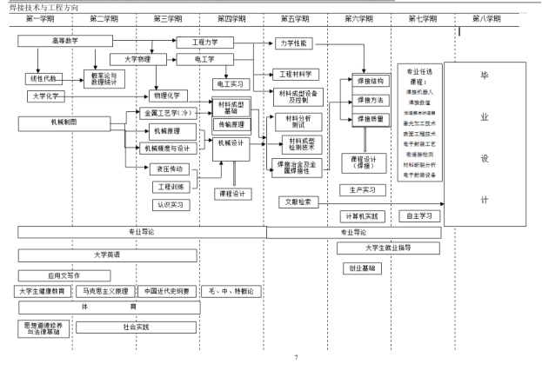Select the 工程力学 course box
pyautogui.click(x=201, y=41)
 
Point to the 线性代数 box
pyautogui.click(x=42, y=79)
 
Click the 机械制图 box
pyautogui.click(x=64, y=122)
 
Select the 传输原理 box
pyautogui.click(x=232, y=124)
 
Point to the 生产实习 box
pyautogui.click(x=361, y=189)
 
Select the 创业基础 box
pyautogui.click(x=361, y=268)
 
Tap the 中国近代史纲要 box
pyautogui.click(x=167, y=291)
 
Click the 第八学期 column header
pyautogui.click(x=488, y=18)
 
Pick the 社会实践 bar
pyautogui.click(x=136, y=327)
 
